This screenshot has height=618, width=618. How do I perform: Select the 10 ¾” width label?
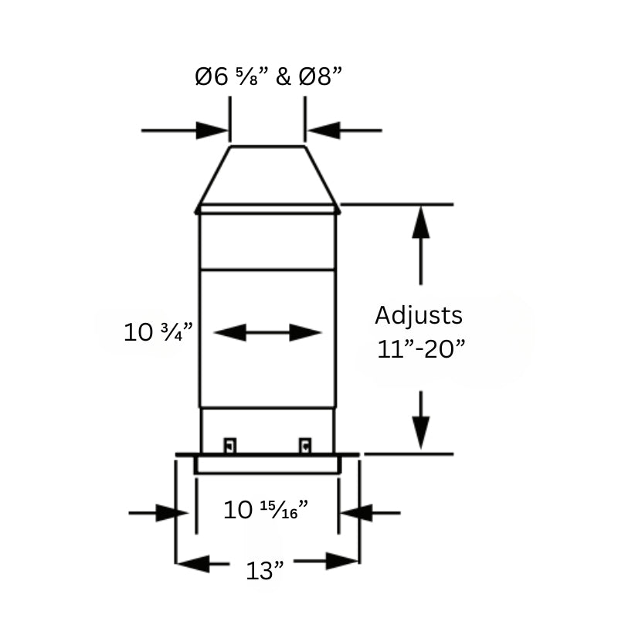pyautogui.click(x=158, y=332)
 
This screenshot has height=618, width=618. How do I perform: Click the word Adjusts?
pyautogui.click(x=419, y=315)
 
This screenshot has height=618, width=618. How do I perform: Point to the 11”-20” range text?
pyautogui.click(x=421, y=348)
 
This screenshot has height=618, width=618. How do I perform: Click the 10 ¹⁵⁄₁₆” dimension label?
pyautogui.click(x=266, y=509)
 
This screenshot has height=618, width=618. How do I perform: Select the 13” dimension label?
pyautogui.click(x=265, y=571)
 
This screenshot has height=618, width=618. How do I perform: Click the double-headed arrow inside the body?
pyautogui.click(x=267, y=333)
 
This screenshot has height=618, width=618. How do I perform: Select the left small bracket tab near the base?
pyautogui.click(x=229, y=446)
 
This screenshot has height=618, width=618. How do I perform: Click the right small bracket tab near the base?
pyautogui.click(x=305, y=446)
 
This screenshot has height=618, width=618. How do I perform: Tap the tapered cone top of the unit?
pyautogui.click(x=267, y=175)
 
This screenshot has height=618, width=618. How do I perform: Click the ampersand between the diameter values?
pyautogui.click(x=284, y=77)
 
